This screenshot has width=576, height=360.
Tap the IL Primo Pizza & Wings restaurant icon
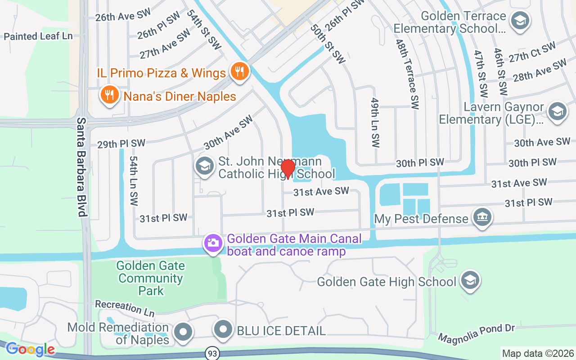point(240,72)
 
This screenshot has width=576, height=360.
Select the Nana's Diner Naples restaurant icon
point(109,95)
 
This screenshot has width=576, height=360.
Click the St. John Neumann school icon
point(204,166)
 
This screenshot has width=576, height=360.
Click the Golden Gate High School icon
point(470,281)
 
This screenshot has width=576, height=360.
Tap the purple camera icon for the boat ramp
point(213,243)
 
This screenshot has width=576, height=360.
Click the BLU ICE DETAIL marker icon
point(223,331)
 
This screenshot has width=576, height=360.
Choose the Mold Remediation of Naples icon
point(183,333)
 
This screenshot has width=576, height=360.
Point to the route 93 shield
point(212,353)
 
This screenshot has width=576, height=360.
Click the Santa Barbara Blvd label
point(81,167)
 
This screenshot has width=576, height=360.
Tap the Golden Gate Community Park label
point(151,278)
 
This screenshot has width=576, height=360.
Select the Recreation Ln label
point(125,308)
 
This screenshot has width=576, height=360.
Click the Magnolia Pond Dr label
point(476,333)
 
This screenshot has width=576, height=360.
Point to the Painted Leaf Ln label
point(38,36)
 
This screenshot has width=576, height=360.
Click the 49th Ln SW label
point(375,122)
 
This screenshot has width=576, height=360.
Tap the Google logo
point(31,349)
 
